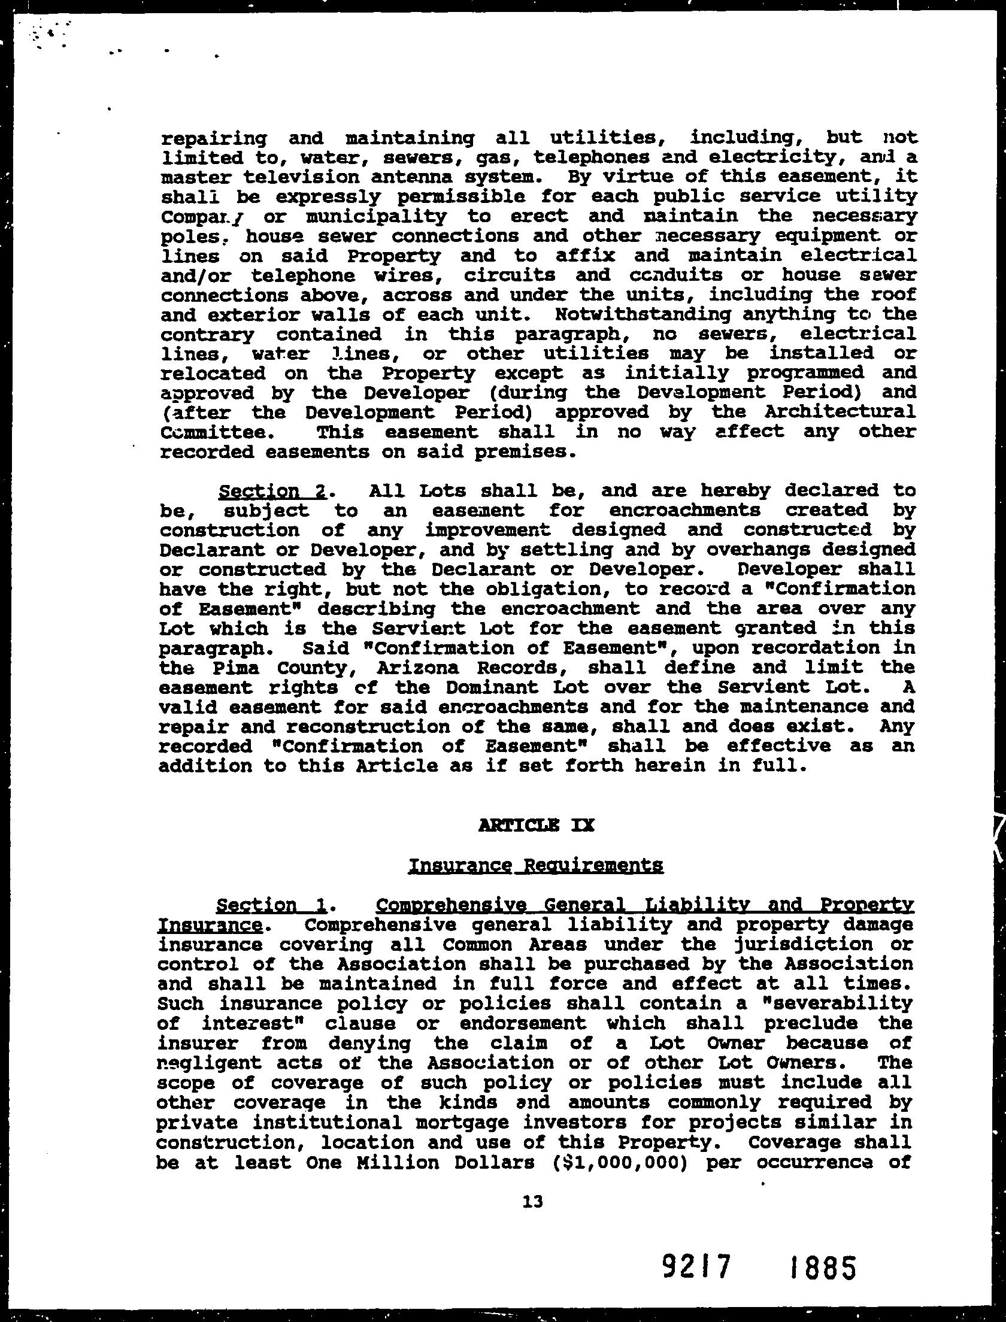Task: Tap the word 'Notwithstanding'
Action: click(x=643, y=314)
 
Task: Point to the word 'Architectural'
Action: click(x=855, y=413)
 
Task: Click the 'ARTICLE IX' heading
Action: click(x=537, y=826)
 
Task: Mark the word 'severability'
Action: click(x=844, y=1004)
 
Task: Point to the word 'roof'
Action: click(x=893, y=295)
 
